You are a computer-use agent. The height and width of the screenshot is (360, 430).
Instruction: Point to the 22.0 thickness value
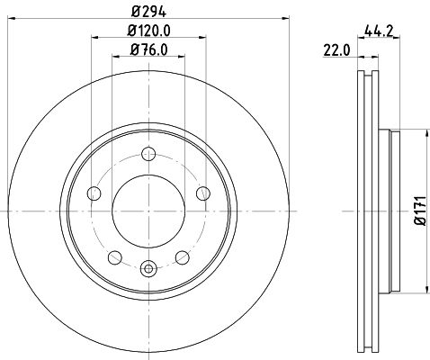coord(335,52)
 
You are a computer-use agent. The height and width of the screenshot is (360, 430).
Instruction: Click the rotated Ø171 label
coord(417,211)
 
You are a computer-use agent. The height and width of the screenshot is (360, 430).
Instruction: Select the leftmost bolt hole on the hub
coord(94,193)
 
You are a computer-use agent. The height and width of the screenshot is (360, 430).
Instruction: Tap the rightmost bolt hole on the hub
coord(204,193)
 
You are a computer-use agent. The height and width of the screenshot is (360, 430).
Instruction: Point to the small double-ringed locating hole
coord(149,266)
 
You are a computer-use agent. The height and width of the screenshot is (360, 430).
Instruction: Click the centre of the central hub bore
coord(149,211)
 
